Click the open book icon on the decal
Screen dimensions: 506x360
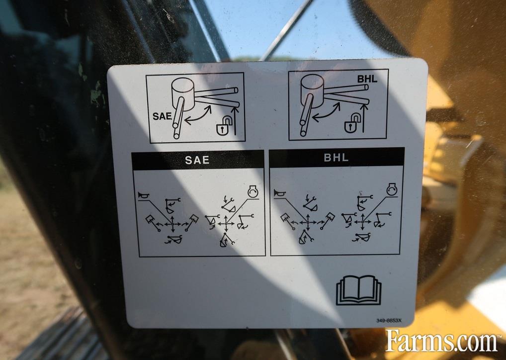[358, 290]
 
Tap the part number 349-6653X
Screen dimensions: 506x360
[389, 321]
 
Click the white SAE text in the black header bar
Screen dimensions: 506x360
[197, 160]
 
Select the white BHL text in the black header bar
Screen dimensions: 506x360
[336, 158]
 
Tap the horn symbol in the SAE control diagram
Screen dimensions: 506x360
[143, 195]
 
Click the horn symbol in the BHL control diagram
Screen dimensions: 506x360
[279, 193]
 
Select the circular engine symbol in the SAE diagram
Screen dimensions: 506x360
[253, 192]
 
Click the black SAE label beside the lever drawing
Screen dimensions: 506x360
[162, 116]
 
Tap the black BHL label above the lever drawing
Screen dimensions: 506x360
[367, 79]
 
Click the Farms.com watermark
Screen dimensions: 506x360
[441, 341]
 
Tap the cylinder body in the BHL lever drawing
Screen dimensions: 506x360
[312, 90]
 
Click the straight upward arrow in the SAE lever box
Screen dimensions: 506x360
[235, 121]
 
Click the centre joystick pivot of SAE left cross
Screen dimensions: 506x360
[172, 223]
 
